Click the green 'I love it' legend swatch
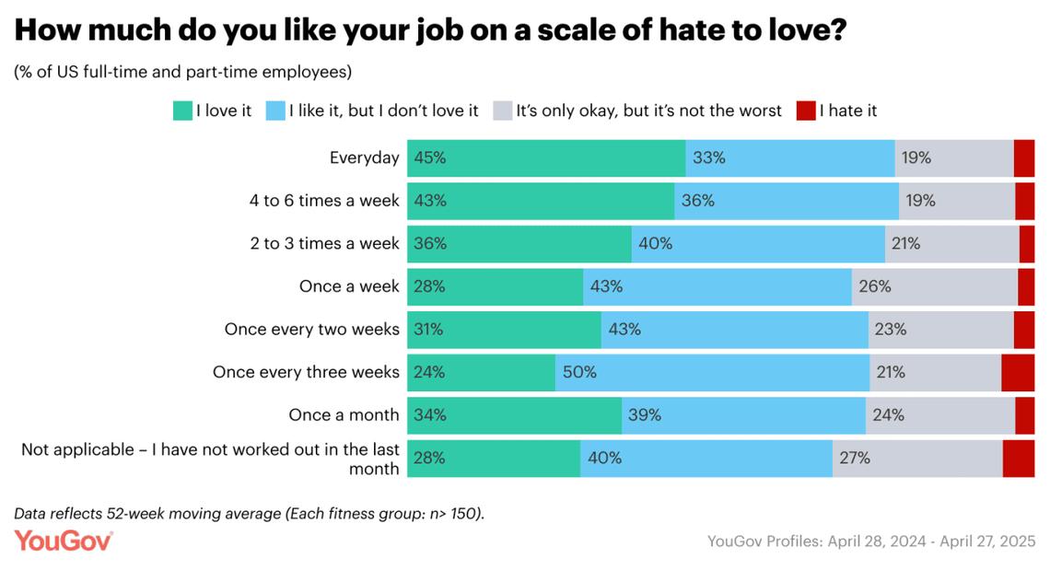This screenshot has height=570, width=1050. (x=182, y=111)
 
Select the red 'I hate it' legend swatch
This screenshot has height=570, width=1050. (x=807, y=111)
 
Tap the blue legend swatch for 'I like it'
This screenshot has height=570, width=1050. (x=275, y=111)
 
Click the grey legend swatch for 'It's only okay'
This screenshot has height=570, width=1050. (x=502, y=111)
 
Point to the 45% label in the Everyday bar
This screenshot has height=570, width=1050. (x=430, y=157)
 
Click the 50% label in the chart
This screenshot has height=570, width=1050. (x=580, y=372)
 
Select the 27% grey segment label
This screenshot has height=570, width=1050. (x=854, y=458)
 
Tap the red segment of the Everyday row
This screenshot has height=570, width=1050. (x=1023, y=157)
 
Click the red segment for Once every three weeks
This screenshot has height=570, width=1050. (x=1018, y=372)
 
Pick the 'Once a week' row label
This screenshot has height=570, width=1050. (x=349, y=286)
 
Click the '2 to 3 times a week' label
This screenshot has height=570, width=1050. (x=324, y=244)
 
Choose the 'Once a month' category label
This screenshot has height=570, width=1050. (x=344, y=415)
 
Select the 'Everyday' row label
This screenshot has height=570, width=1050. (x=364, y=157)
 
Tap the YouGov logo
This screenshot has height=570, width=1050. (x=64, y=541)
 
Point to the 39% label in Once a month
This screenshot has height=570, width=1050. (x=645, y=415)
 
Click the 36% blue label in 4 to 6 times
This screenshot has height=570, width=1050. (x=697, y=201)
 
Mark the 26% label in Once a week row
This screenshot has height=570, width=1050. (x=874, y=286)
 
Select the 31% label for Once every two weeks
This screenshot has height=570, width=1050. (x=430, y=330)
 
